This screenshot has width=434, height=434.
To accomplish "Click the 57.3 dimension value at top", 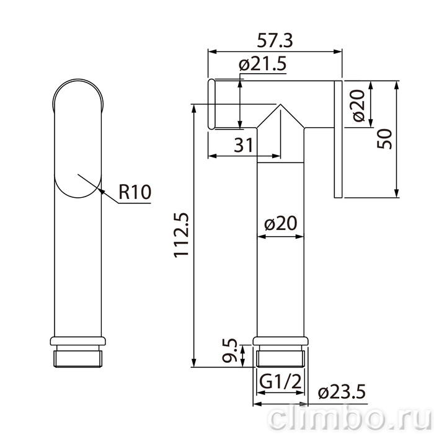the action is click(x=275, y=41).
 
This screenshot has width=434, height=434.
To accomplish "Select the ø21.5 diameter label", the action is click(x=262, y=64).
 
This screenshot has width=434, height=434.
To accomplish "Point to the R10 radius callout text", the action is click(x=135, y=192).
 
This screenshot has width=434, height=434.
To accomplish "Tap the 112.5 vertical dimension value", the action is click(x=182, y=235).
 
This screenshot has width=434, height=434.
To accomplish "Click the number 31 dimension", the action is click(x=244, y=145).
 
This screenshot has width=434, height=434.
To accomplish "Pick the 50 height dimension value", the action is click(x=385, y=139).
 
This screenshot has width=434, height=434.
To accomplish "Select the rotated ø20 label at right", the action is click(x=359, y=105).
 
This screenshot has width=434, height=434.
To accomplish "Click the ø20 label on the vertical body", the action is click(x=281, y=223).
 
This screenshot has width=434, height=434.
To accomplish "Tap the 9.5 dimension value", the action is click(x=230, y=350).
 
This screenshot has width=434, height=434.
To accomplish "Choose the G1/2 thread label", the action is click(x=280, y=382).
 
